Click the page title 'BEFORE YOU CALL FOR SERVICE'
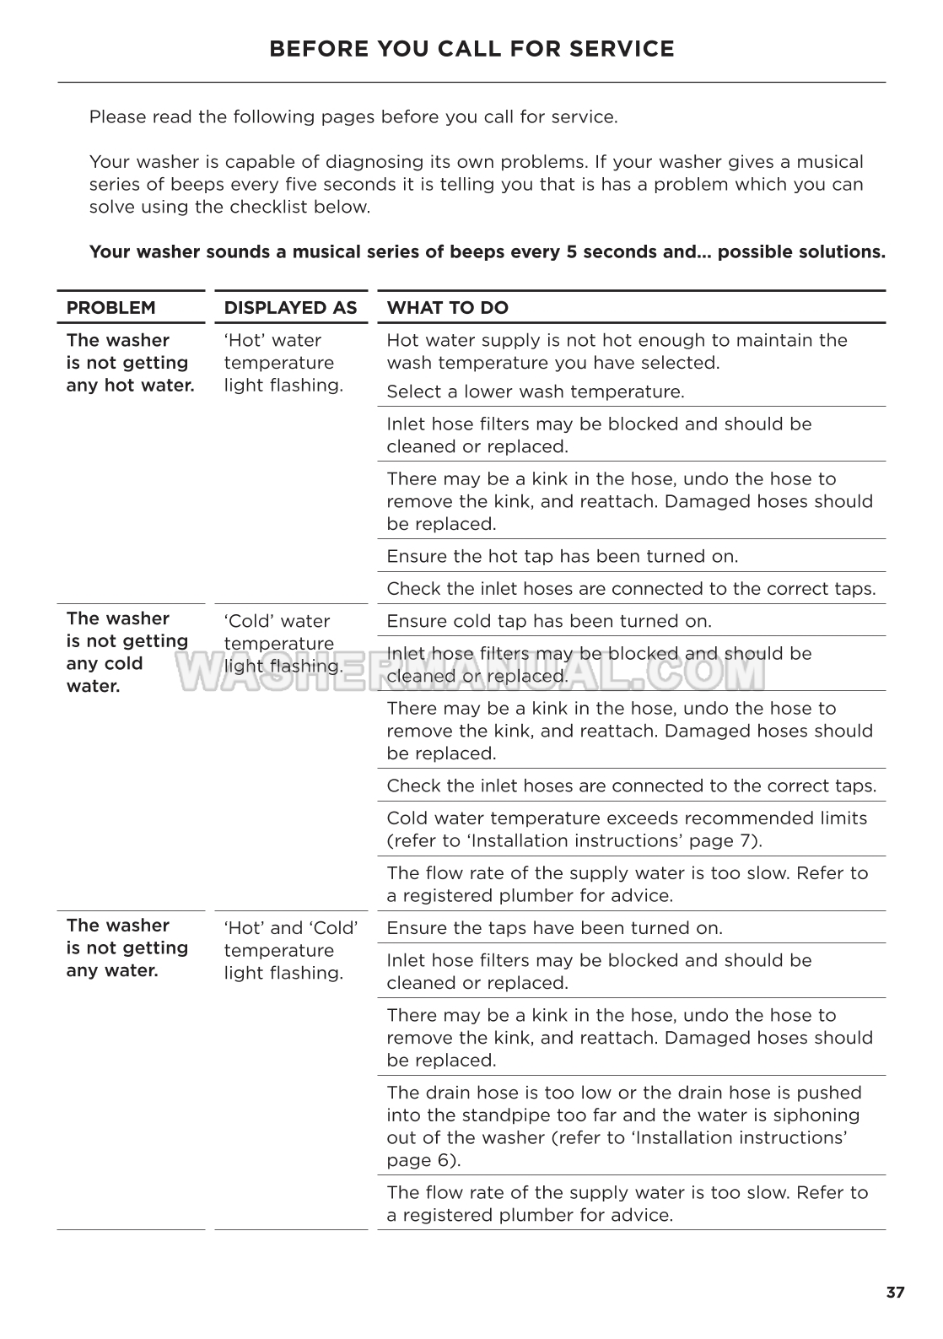tap(471, 49)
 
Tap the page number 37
tap(895, 1293)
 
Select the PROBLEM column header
tap(110, 308)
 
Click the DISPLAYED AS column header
tap(290, 308)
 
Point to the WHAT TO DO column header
tap(447, 308)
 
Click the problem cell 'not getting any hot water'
tap(130, 363)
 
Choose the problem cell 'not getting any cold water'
tap(127, 652)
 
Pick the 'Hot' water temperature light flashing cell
tap(283, 363)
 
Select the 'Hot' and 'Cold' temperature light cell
tap(290, 950)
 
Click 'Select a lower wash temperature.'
tap(535, 391)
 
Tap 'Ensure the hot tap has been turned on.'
tap(562, 556)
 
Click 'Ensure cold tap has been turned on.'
tap(548, 621)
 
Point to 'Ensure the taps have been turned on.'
tap(554, 928)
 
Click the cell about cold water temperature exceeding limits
tap(626, 829)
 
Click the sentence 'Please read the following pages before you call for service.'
tap(353, 116)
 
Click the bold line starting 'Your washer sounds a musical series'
tap(487, 251)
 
